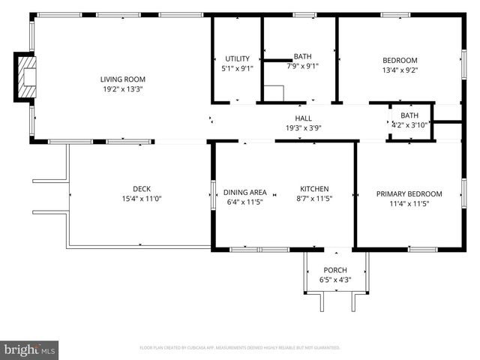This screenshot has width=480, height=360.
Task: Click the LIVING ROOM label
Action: coord(123,79)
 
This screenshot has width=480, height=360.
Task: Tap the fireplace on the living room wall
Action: coord(25,76)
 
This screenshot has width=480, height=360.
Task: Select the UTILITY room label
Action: coord(237,58)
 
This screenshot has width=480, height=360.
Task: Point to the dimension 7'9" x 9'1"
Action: coord(302,66)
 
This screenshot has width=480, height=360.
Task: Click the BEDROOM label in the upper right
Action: coord(400,60)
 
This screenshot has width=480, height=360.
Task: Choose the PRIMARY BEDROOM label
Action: coord(409,193)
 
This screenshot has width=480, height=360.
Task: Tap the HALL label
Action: coord(303,118)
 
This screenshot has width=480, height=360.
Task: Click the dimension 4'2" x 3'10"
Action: coord(409,124)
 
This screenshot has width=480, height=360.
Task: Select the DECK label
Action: coord(142,189)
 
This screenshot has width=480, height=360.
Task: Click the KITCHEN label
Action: coord(314,189)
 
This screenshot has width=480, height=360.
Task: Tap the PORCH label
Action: coord(334,270)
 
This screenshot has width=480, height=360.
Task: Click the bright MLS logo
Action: coord(30,349)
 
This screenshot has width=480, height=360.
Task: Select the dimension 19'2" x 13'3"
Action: coord(123,88)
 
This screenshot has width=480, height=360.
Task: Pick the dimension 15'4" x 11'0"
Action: coord(142,199)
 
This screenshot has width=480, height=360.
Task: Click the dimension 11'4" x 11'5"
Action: coord(409,203)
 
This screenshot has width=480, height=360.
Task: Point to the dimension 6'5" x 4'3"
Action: coord(334,280)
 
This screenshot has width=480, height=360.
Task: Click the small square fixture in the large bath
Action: coord(273,94)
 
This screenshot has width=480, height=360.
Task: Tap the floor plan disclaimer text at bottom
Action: coord(240,348)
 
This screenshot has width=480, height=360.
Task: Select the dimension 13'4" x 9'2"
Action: coord(400,70)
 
